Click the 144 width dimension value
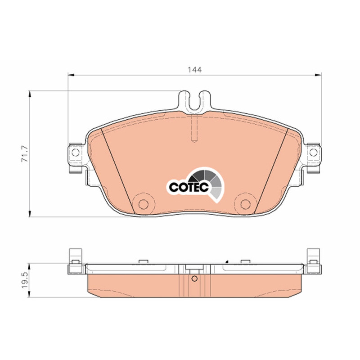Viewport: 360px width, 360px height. click(195, 70)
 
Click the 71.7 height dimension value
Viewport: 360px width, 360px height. click(25, 153)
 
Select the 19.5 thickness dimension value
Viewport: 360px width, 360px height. click(25, 280)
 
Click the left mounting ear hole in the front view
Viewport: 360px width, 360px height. click(76, 152)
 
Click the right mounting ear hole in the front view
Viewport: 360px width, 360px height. click(313, 152)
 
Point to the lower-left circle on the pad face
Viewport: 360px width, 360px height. click(144, 204)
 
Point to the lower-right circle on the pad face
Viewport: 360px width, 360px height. click(245, 204)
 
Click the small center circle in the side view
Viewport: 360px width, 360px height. click(194, 279)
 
